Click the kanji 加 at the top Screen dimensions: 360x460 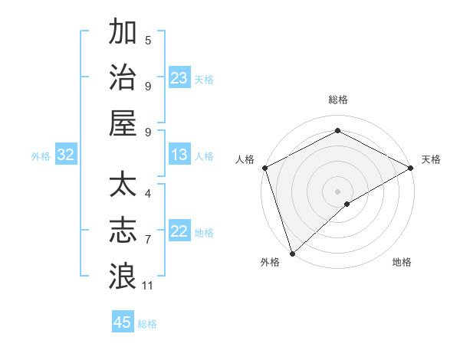click(122, 33)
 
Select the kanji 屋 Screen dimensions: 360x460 click(122, 123)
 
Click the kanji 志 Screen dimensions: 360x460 click(122, 231)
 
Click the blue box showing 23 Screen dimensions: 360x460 click(179, 77)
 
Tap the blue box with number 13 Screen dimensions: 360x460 click(179, 155)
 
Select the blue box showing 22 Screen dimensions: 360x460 click(179, 231)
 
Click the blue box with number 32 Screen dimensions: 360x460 click(65, 155)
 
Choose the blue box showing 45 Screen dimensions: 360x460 click(123, 322)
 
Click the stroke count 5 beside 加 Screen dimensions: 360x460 click(148, 40)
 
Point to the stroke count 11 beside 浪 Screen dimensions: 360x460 click(148, 286)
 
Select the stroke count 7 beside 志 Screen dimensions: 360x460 click(148, 240)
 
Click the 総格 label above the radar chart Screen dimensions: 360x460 click(337, 100)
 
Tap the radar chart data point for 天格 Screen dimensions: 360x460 click(412, 169)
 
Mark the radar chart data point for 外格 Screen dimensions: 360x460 click(291, 253)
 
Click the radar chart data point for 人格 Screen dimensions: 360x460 click(264, 168)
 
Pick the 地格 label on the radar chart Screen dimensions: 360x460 click(402, 263)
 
